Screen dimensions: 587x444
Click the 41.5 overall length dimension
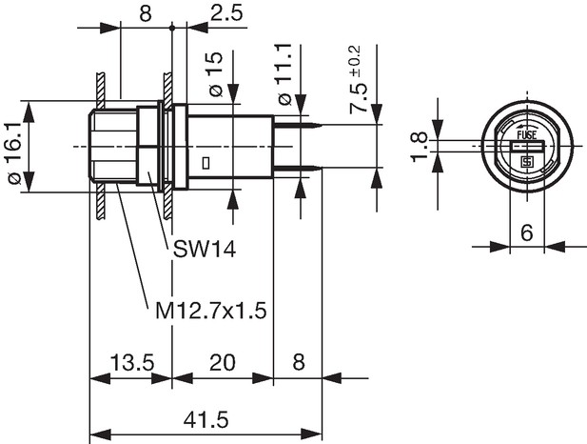[205, 420]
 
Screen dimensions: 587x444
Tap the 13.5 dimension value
[132, 363]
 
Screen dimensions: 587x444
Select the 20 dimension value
[223, 363]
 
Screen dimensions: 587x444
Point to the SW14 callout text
[205, 249]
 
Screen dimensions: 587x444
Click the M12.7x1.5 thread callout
[211, 311]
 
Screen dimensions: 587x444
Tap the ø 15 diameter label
[215, 74]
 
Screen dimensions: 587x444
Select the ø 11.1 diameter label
[284, 74]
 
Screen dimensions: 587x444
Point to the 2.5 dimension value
[226, 13]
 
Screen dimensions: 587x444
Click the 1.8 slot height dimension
[419, 147]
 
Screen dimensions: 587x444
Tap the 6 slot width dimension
[527, 233]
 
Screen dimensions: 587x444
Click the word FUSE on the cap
[527, 134]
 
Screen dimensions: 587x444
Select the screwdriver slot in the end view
[527, 146]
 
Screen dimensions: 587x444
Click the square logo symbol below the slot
[527, 162]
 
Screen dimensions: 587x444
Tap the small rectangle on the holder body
[205, 164]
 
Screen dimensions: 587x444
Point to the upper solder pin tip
[322, 125]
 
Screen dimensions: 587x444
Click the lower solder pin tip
[322, 168]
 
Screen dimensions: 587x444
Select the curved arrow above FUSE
[525, 127]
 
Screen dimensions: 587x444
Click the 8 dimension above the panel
[146, 13]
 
